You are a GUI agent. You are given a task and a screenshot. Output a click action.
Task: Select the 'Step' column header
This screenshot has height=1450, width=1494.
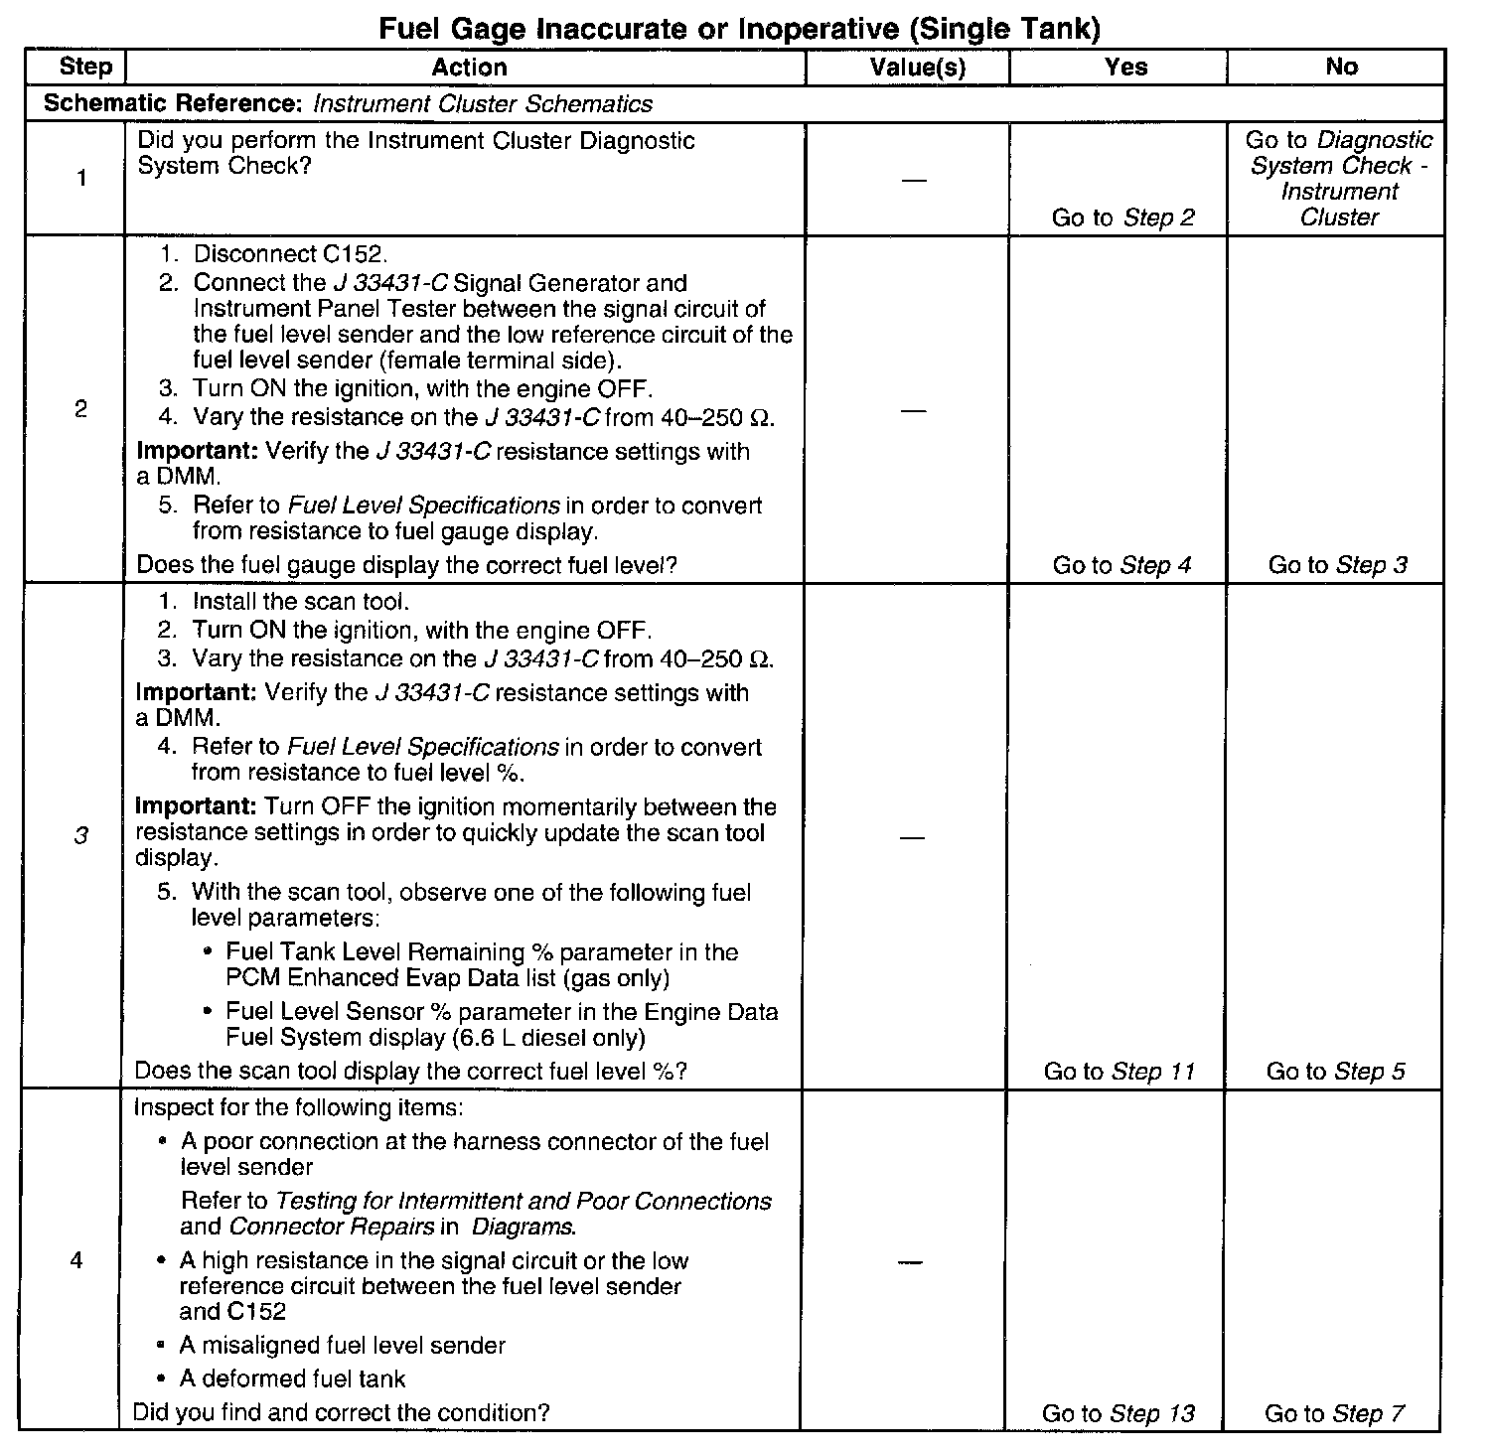85,67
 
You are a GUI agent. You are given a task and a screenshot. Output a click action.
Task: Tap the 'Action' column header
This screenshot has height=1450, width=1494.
469,67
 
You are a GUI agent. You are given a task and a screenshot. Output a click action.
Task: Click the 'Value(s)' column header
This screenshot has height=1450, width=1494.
918,67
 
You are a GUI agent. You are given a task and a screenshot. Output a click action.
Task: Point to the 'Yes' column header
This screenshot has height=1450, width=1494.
1125,67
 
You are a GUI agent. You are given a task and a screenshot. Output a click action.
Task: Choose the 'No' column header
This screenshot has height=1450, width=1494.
1341,67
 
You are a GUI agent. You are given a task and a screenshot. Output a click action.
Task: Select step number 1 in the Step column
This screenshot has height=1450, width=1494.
80,179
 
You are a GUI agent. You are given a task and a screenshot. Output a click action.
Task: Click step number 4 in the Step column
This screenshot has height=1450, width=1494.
76,1261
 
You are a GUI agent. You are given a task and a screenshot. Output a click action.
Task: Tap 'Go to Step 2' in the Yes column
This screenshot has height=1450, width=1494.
1122,217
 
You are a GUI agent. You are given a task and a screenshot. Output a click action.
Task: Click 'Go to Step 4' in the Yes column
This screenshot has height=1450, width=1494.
1121,565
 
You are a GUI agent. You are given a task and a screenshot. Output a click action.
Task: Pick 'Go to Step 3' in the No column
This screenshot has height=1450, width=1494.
1337,565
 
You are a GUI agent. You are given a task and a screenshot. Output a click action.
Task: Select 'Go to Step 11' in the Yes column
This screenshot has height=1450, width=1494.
1119,1071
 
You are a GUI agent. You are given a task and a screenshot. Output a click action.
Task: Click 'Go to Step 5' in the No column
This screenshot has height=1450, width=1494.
1335,1071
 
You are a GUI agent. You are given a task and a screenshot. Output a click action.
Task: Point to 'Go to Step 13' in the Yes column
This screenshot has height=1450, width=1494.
1118,1412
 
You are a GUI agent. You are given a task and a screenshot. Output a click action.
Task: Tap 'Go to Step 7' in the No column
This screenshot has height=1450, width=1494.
1334,1412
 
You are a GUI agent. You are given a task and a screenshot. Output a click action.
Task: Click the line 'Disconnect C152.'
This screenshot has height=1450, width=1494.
283,254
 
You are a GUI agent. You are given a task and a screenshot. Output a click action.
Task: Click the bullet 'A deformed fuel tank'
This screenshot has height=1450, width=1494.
292,1378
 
